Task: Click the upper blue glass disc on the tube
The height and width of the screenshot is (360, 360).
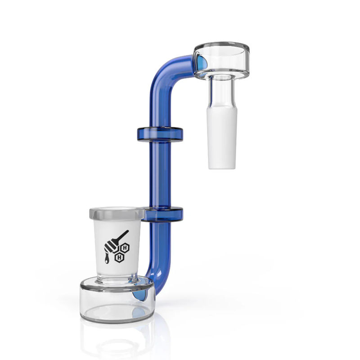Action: point(160,134)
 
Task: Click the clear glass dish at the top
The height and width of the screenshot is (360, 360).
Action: point(221,58)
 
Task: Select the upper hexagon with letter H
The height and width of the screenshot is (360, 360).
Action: point(125,247)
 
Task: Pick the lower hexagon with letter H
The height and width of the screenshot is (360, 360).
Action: point(119,257)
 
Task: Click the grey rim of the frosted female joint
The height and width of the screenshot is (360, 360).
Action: point(117,213)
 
